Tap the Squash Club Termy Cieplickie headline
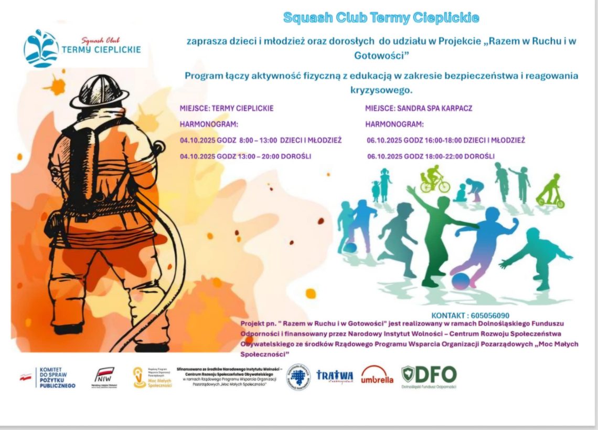(x=381, y=18)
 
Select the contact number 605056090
(x=490, y=316)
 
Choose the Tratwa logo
(x=334, y=376)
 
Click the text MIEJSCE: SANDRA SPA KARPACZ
(x=419, y=109)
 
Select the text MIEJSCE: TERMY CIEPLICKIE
(x=227, y=109)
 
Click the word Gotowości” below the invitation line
(x=381, y=55)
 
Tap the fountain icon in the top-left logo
(x=40, y=48)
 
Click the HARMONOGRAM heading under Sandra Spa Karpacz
(x=394, y=125)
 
